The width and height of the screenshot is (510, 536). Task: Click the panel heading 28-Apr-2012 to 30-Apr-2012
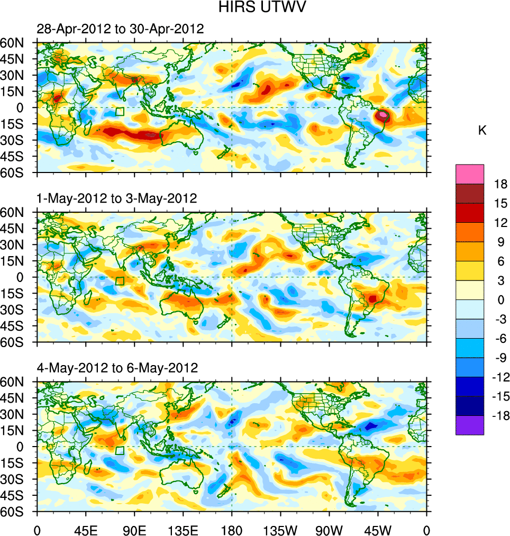pos(120,29)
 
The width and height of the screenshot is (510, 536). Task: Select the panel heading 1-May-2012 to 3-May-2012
pos(116,198)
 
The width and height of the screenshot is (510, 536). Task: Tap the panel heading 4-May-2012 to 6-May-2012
pos(116,368)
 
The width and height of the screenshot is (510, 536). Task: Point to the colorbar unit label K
pos(482,131)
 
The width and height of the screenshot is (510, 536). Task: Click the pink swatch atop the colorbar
pos(470,174)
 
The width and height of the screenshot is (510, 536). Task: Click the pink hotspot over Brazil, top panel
pos(383,115)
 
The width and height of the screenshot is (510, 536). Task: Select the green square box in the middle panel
pos(120,281)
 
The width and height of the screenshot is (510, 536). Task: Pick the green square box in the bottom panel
pos(120,450)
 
